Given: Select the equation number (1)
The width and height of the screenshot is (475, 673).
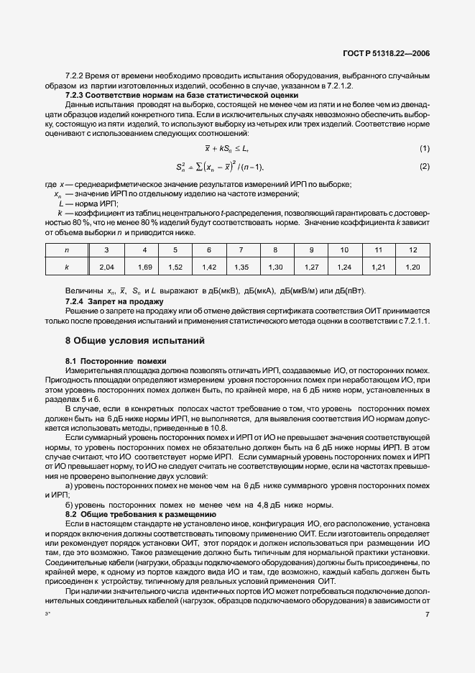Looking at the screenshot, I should point(424,148).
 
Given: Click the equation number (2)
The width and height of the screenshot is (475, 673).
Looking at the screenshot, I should point(424,167).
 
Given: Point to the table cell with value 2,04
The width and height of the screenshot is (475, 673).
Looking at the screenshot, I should point(106,267).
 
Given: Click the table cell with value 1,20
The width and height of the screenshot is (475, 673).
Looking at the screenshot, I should point(412,267).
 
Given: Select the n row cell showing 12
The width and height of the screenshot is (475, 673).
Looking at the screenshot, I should point(412,249).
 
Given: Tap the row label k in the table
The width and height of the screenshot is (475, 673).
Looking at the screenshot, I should point(66,267).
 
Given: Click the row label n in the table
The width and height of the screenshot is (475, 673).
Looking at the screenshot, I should point(66,249).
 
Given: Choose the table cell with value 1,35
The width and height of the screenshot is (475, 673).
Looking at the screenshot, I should point(242,267).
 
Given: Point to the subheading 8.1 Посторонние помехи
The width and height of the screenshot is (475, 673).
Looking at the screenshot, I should point(116,360).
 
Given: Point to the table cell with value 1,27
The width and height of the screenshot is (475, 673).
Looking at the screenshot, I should point(311,267).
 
